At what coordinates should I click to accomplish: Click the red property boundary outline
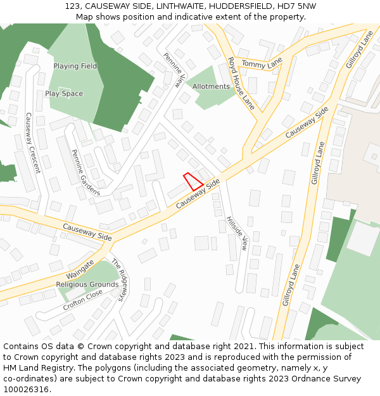tap(193, 182)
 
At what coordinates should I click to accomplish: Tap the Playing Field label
tap(75, 66)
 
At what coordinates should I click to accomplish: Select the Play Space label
tap(64, 94)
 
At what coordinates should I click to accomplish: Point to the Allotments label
tap(211, 87)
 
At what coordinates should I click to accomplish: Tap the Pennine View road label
tap(176, 70)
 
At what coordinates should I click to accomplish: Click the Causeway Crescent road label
tap(32, 143)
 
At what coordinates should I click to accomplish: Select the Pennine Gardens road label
tap(85, 172)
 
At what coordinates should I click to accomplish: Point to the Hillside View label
tap(236, 234)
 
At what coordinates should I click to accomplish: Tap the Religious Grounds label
tap(87, 284)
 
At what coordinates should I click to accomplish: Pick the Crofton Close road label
tap(82, 300)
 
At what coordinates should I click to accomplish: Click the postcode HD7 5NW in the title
tap(299, 6)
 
